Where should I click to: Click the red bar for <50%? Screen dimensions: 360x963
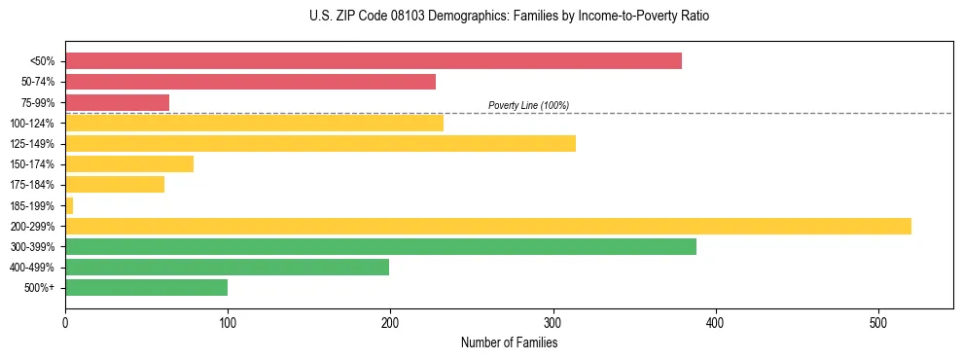374,61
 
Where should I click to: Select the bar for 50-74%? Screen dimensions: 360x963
250,82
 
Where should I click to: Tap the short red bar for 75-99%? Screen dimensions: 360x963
117,102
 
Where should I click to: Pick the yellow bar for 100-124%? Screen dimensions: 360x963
254,123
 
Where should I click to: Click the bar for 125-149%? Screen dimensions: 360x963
320,143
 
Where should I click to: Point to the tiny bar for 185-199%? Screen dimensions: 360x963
69,205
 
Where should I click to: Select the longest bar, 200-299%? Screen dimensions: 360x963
488,226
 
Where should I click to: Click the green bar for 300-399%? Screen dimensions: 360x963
380,246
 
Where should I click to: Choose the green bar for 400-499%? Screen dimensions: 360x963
227,267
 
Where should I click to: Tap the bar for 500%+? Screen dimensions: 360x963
146,287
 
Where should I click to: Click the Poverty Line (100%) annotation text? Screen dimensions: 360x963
528,105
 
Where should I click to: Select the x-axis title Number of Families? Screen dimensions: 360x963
509,342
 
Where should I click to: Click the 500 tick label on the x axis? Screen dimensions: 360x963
877,324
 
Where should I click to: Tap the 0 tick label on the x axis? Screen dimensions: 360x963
65,324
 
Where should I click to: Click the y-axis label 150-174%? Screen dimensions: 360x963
32,164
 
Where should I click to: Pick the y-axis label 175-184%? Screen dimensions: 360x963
32,185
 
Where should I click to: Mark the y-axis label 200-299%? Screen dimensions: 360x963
32,226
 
